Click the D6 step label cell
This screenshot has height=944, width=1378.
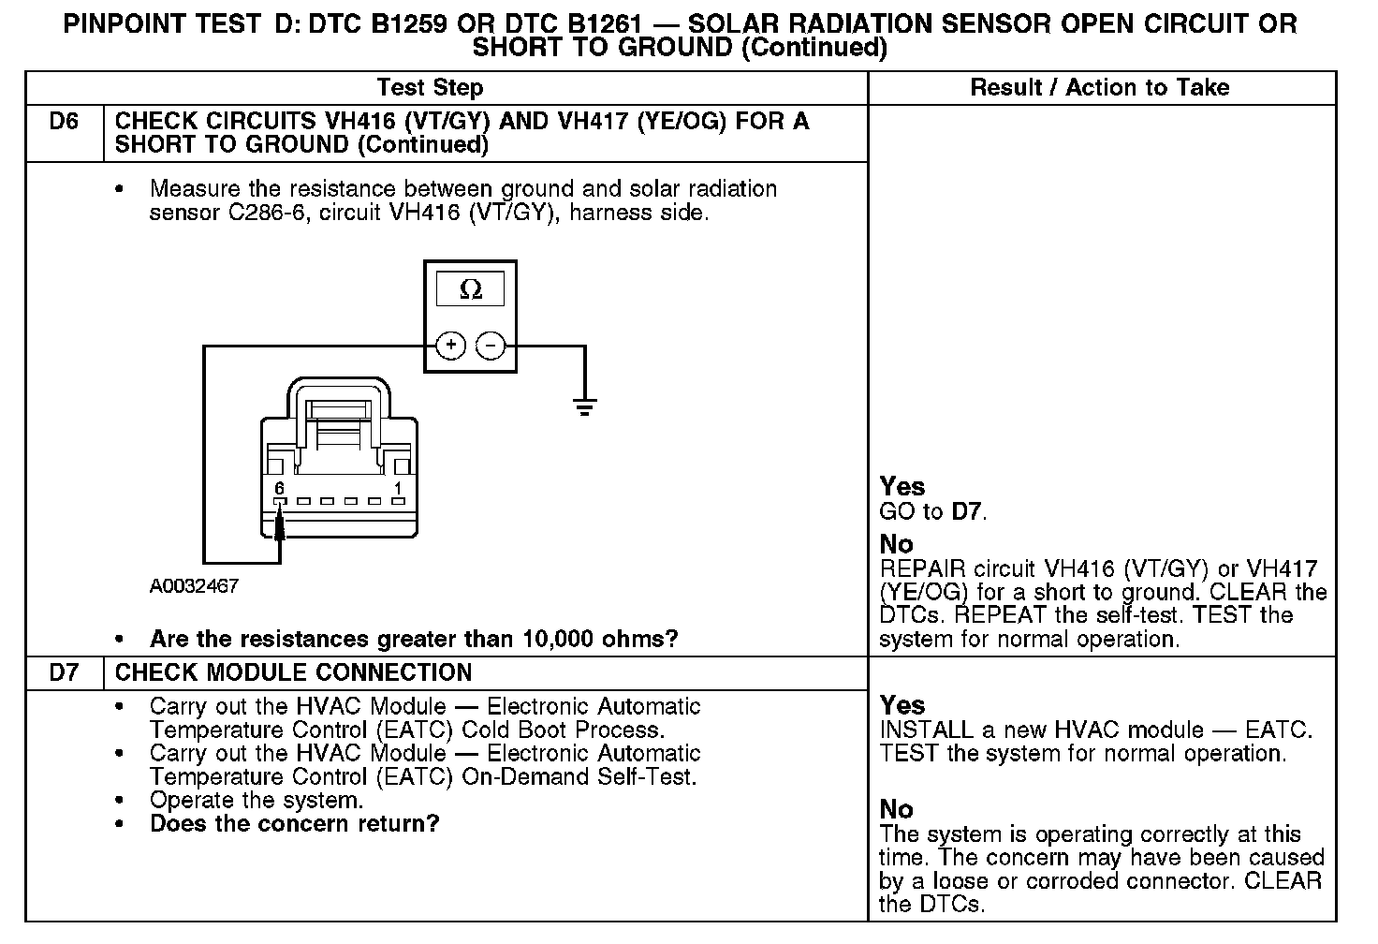click(x=64, y=123)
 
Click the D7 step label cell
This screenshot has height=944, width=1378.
click(x=64, y=673)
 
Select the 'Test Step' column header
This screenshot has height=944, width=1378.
click(x=430, y=88)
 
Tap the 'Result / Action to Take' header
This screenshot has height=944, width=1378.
click(x=1100, y=88)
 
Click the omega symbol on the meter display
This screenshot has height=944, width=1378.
click(x=471, y=290)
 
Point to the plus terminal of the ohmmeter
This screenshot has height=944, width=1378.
click(x=451, y=346)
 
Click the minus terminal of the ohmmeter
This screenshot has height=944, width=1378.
click(x=491, y=346)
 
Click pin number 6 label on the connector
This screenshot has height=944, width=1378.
click(x=279, y=488)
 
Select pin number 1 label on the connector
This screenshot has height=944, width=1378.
click(x=398, y=488)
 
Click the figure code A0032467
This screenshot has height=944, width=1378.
click(x=194, y=586)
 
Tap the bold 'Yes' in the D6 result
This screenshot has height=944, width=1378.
click(x=902, y=487)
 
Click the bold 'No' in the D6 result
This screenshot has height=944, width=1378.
click(x=896, y=544)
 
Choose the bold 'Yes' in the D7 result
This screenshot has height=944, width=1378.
click(x=902, y=706)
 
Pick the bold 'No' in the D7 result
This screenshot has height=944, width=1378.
click(x=896, y=810)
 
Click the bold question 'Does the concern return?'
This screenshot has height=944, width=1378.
click(x=294, y=824)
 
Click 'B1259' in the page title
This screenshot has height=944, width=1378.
click(x=407, y=24)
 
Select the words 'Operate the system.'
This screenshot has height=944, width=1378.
click(x=256, y=801)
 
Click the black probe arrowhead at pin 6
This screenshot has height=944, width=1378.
click(x=279, y=525)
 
